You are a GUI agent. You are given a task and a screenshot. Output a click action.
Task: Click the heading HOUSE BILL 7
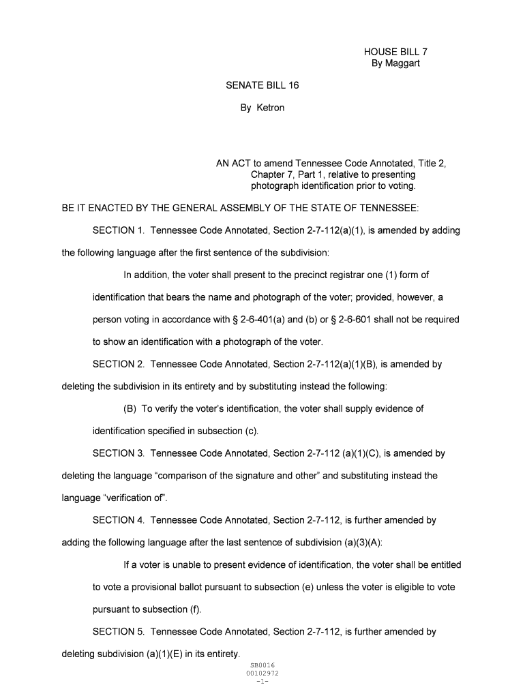point(395,52)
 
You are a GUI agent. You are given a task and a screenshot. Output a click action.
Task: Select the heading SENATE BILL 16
point(262,85)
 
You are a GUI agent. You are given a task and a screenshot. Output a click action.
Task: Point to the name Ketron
point(271,108)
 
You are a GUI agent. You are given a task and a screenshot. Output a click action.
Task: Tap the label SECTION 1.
point(118,230)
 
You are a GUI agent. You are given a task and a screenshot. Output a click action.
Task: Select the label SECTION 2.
point(118,364)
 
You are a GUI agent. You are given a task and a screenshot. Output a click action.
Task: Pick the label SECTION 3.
point(118,453)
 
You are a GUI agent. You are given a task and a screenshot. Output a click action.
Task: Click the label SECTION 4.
point(118,520)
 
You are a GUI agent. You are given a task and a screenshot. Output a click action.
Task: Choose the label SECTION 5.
point(118,632)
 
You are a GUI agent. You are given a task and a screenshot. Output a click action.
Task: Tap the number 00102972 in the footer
point(262,673)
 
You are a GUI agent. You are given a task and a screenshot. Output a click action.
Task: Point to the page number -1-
point(262,681)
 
